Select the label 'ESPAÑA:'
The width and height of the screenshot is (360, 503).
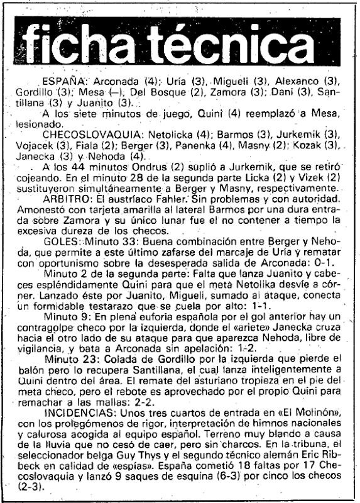pyautogui.click(x=64, y=83)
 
